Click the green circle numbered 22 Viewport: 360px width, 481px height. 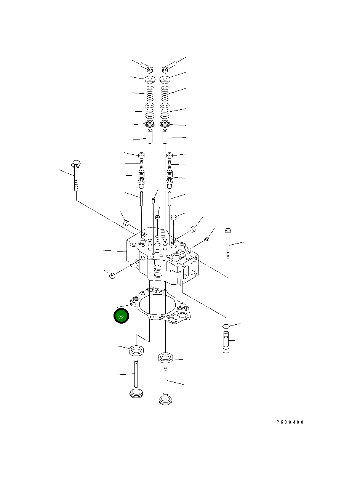121,316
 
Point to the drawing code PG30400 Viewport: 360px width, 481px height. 290,422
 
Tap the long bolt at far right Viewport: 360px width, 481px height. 228,244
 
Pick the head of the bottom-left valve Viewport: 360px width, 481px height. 136,392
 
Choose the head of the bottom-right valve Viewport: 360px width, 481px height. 166,399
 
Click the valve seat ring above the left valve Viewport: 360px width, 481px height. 136,350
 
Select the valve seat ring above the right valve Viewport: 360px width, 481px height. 166,358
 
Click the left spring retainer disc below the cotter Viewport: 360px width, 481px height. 149,80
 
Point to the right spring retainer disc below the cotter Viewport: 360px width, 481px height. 165,80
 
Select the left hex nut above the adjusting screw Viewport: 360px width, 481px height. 141,156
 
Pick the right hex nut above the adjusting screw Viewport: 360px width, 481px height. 170,156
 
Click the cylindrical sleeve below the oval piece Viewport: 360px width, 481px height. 226,342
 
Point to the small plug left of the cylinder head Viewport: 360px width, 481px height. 112,276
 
